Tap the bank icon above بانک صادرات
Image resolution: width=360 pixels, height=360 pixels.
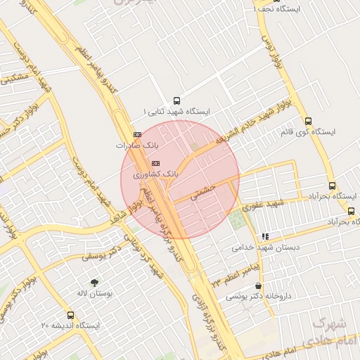(x=136, y=134)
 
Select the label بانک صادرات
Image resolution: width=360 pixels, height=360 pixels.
(x=133, y=145)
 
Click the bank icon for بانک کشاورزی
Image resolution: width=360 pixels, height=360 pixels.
(x=155, y=163)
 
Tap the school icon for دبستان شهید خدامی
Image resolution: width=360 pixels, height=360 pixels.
(x=264, y=237)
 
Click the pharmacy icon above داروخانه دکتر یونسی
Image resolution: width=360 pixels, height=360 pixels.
(x=259, y=286)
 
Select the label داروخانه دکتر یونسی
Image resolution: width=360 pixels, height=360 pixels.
(x=252, y=297)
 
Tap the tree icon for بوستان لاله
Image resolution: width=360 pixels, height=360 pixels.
(x=94, y=281)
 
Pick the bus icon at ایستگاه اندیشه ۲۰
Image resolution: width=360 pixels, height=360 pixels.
(x=70, y=315)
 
